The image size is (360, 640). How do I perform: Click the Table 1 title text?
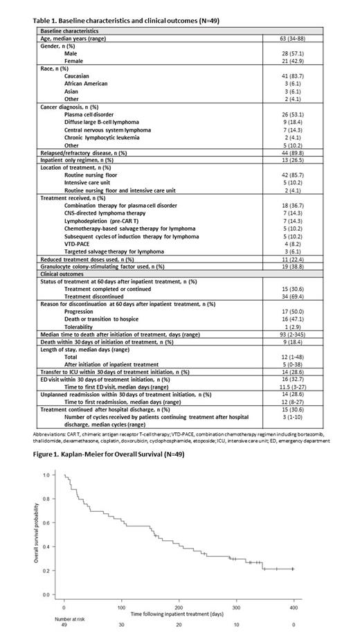click(x=126, y=21)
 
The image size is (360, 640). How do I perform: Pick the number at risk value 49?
click(x=64, y=628)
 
